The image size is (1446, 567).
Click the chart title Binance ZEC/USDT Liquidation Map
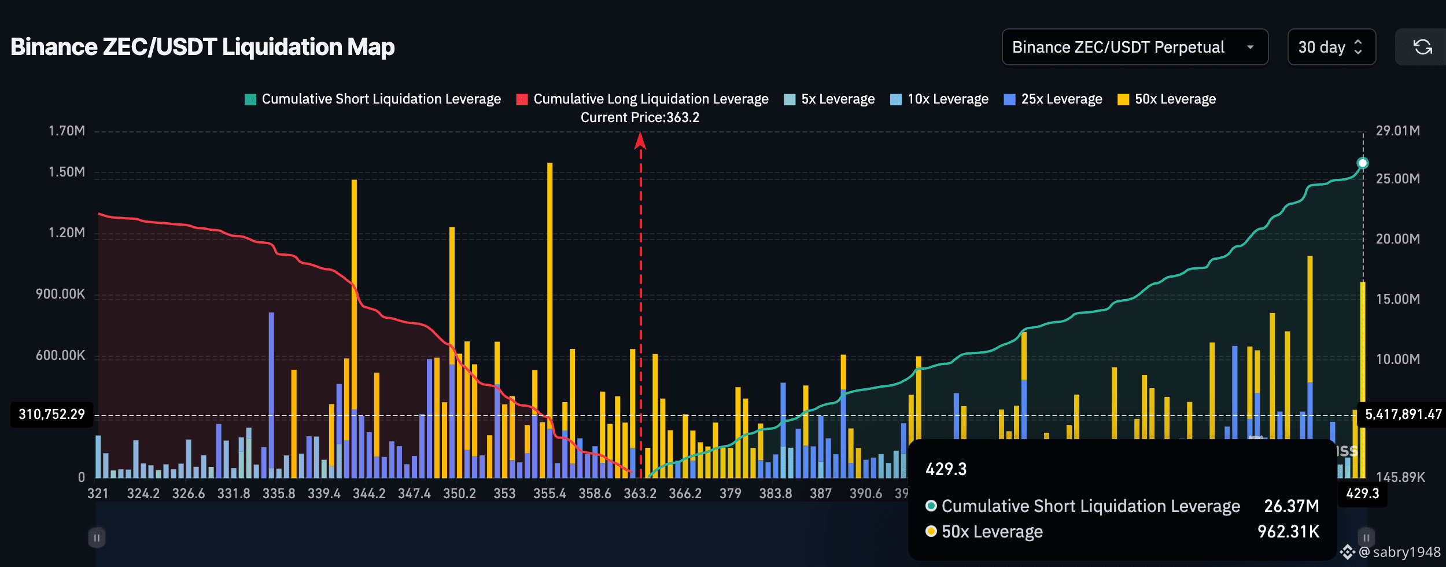pos(202,47)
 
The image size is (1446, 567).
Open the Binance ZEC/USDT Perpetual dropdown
pos(1134,47)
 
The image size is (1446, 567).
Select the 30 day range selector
pos(1331,47)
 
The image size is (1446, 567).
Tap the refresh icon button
pos(1422,47)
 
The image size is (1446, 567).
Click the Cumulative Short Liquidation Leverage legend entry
pos(373,99)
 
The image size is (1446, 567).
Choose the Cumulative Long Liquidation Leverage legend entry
pos(643,99)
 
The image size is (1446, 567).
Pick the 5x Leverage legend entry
pos(829,99)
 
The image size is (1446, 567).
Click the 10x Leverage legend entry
pos(939,99)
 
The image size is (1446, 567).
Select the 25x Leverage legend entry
pos(1053,99)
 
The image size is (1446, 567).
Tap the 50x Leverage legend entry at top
pos(1167,99)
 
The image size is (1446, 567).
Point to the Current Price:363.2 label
pos(640,117)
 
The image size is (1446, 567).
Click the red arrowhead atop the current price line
pos(640,141)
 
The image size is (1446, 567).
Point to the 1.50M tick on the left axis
pos(67,172)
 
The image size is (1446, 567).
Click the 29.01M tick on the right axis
pos(1397,131)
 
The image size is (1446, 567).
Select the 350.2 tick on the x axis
pos(459,494)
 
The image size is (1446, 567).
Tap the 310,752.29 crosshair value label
pos(51,414)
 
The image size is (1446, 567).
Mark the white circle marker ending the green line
pos(1363,163)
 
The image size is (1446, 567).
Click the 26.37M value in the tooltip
pos(1291,506)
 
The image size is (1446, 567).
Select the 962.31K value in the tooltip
pos(1288,532)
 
